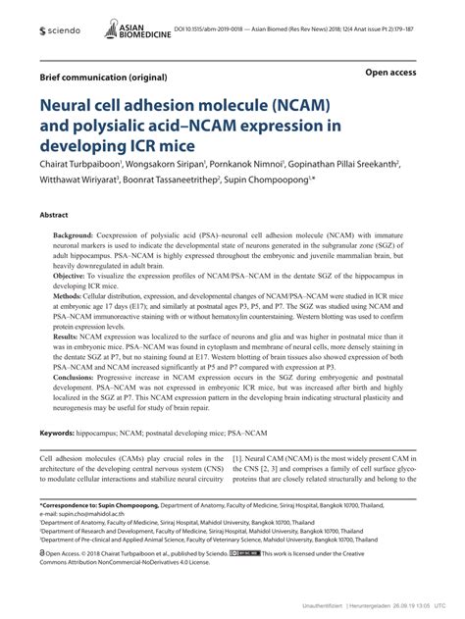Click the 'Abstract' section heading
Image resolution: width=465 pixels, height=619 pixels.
tap(53, 213)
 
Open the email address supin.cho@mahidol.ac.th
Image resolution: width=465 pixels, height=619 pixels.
tap(93, 513)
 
